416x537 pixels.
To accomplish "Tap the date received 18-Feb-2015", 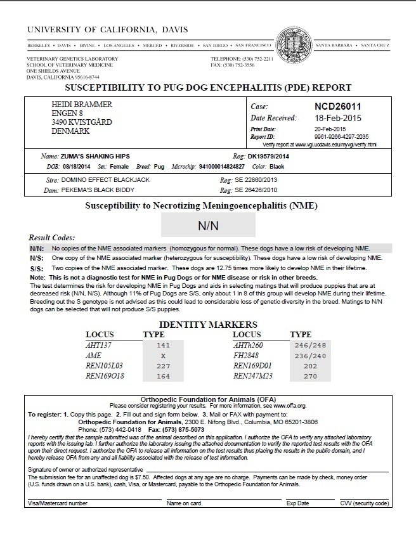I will coord(341,118).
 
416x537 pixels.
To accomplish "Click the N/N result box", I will coord(208,224).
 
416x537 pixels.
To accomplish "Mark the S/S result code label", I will coord(36,268).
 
